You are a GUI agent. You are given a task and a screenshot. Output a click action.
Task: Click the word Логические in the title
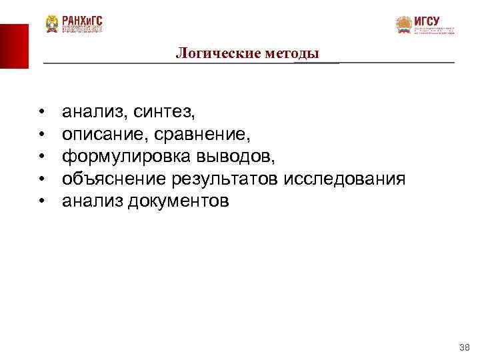tap(209, 53)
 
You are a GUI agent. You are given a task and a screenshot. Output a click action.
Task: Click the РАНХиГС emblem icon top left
tap(52, 24)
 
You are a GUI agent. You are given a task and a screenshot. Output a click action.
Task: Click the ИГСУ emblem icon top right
tap(403, 25)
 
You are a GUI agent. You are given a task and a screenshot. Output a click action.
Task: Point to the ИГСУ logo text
tap(427, 21)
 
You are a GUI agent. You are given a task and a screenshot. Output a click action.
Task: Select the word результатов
tap(225, 179)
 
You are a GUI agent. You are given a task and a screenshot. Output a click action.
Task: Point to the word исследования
tap(345, 179)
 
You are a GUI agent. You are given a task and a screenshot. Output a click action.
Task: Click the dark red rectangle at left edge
tap(14, 45)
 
